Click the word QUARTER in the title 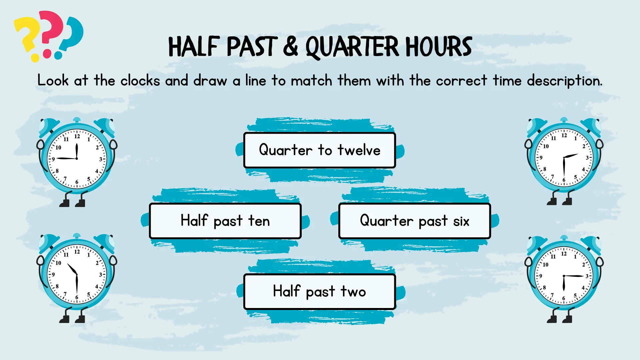[x=352, y=47]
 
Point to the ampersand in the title [x=291, y=46]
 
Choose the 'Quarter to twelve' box [x=320, y=150]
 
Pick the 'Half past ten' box [x=225, y=221]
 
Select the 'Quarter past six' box [x=415, y=221]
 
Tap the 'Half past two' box [x=320, y=292]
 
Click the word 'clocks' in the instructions [x=140, y=81]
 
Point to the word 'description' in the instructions [x=565, y=81]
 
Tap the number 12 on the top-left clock [x=77, y=136]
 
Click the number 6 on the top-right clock [x=564, y=180]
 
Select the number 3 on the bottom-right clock [x=587, y=276]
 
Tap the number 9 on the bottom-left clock [x=53, y=275]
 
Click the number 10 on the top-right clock [x=546, y=146]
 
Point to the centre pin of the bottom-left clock [x=77, y=274]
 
